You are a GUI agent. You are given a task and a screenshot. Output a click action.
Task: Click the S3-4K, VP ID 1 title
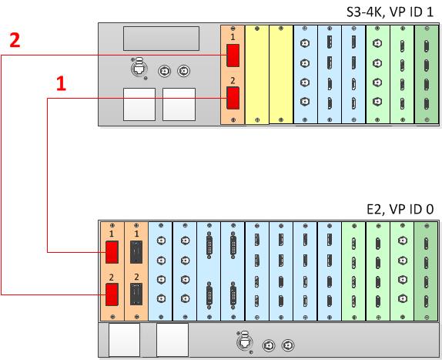pos(390,12)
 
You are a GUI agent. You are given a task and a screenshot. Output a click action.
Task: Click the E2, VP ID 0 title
pos(400,210)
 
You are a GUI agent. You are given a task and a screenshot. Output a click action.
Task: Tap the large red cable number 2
pos(15,40)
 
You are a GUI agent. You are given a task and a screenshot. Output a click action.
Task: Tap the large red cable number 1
pos(61,83)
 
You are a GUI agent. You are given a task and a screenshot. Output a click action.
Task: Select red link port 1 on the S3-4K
pos(233,56)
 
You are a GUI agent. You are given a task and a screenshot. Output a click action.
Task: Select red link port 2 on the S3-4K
pos(233,98)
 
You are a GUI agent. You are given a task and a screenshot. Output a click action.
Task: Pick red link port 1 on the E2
pos(112,252)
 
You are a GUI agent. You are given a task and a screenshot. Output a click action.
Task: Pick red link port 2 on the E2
pos(112,294)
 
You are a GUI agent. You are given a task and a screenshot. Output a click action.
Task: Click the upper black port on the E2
pos(136,252)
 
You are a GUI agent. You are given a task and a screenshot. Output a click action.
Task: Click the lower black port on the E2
pos(136,294)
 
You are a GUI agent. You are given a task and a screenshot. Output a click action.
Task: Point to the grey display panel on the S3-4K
pos(161,39)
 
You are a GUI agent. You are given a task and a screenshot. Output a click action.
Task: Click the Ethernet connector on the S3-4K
pos(139,69)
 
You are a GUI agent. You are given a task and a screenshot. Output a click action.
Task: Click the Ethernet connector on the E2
pos(245,342)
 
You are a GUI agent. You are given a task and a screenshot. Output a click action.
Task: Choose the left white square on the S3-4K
pos(139,104)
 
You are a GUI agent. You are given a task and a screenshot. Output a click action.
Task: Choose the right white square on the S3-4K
pos(179,104)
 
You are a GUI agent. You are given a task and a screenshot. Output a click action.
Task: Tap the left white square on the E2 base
pos(124,340)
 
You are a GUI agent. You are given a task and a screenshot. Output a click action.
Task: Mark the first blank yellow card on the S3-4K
pos(256,75)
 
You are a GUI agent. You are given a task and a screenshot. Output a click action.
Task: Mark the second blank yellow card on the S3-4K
pos(281,75)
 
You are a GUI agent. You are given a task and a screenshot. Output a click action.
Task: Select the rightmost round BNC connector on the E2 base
pos(288,345)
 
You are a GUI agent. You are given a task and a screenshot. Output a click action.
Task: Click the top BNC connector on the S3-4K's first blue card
pos(305,44)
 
